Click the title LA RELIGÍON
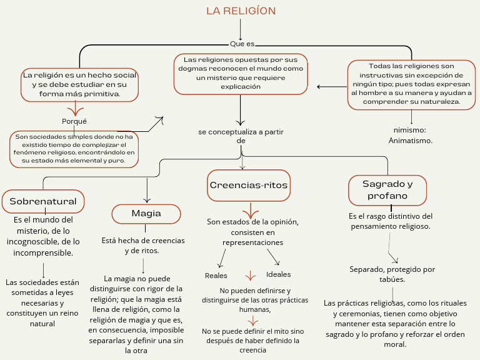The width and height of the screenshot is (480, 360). click(x=241, y=11)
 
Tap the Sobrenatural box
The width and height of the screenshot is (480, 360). click(x=43, y=201)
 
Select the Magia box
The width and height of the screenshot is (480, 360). click(x=146, y=214)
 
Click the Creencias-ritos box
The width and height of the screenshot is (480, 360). click(x=249, y=186)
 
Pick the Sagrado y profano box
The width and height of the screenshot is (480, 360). click(x=387, y=189)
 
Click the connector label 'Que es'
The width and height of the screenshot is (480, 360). click(x=242, y=44)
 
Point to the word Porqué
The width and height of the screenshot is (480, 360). click(x=74, y=121)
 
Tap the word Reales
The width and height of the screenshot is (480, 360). click(x=216, y=276)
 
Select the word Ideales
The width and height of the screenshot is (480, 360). click(x=278, y=274)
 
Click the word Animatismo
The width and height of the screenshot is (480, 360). click(x=411, y=141)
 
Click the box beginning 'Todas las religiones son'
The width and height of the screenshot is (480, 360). click(x=411, y=84)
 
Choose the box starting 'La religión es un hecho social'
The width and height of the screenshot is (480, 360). click(x=79, y=84)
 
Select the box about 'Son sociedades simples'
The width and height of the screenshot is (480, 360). click(x=74, y=148)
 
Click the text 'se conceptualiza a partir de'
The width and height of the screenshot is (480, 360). click(x=241, y=136)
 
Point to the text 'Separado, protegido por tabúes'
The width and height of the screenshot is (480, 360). click(x=392, y=274)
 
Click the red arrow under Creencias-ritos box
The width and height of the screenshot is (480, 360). click(x=251, y=209)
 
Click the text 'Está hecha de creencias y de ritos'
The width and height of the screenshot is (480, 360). click(x=143, y=245)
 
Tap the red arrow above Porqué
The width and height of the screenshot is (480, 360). click(x=75, y=111)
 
